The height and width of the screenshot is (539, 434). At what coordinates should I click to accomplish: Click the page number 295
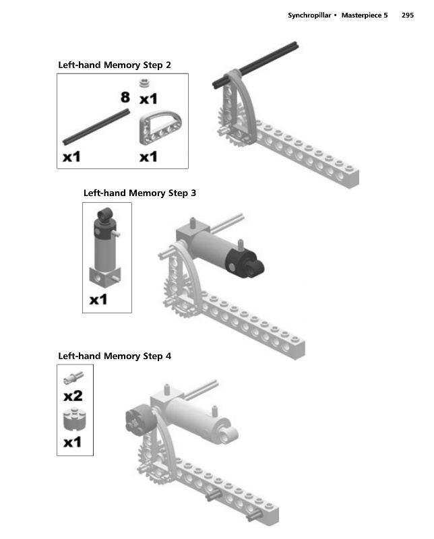pos(406,14)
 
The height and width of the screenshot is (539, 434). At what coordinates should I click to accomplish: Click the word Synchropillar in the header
pos(308,14)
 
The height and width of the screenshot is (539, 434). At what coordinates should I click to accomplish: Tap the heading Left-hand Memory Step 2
pos(115,65)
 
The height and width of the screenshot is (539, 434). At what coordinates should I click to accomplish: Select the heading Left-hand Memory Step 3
pos(139,193)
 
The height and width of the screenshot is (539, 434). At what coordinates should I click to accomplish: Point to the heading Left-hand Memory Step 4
pos(115,356)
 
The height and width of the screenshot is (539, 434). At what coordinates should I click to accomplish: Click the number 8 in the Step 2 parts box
pos(125,98)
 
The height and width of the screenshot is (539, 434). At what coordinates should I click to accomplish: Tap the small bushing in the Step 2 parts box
pos(144,84)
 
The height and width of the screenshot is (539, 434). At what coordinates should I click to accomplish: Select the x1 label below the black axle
pos(71,157)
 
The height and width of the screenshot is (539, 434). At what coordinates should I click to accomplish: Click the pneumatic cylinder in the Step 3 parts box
pos(106,249)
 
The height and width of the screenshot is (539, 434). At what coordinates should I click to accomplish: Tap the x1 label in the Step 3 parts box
pos(98,299)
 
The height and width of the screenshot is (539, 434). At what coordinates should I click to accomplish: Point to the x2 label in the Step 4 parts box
pos(73,395)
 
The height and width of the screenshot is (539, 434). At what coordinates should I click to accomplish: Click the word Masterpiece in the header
pos(364,14)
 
